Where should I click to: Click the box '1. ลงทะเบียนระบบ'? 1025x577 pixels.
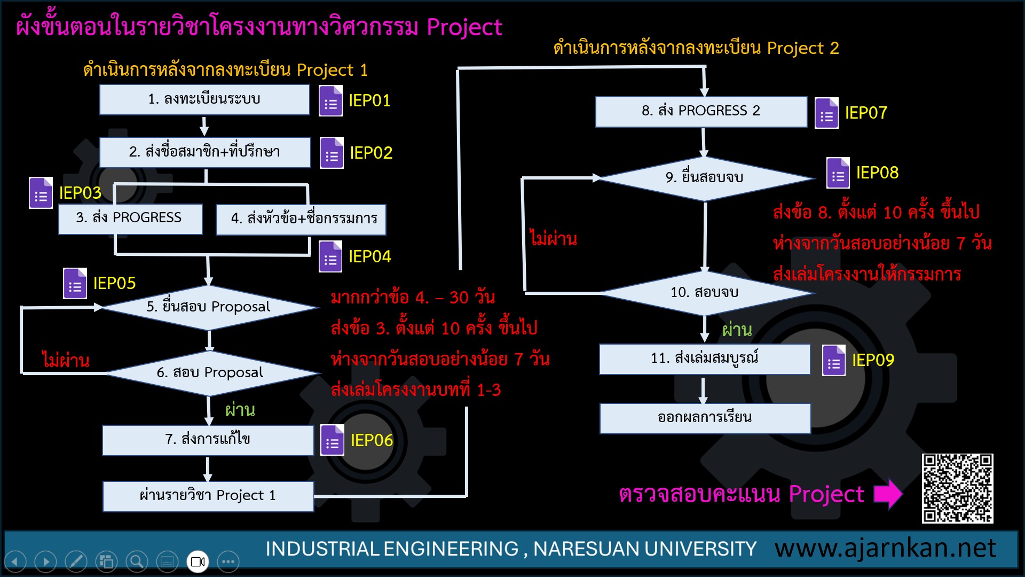pos(204,99)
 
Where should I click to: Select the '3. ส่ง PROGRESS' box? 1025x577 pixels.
pos(130,219)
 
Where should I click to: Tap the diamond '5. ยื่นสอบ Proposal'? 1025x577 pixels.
pos(209,307)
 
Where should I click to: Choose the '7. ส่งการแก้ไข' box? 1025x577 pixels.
pos(208,440)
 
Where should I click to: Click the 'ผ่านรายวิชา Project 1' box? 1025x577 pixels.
pos(208,496)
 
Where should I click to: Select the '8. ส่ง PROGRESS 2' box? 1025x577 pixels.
pos(701,112)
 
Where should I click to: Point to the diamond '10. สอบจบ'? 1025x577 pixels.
pos(705,293)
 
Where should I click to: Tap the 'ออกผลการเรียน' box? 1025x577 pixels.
pos(705,418)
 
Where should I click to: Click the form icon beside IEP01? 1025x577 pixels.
pos(330,101)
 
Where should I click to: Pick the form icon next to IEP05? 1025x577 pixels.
pos(75,283)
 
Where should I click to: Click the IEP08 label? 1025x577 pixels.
pos(877,173)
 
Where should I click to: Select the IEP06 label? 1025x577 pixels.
pos(372,440)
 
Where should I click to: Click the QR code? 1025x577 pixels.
pos(958,488)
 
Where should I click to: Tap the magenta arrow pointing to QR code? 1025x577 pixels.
pos(888,494)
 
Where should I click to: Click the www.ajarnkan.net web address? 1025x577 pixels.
pos(885,548)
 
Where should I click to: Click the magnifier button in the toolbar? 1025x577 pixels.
pos(137,562)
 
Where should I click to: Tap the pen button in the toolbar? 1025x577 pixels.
pos(76,562)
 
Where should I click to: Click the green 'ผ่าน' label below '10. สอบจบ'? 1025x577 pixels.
pos(737,330)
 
